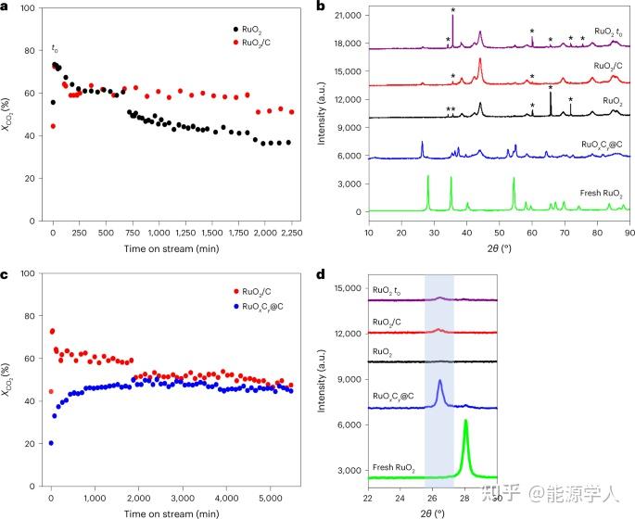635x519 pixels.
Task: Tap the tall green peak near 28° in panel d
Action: click(x=465, y=424)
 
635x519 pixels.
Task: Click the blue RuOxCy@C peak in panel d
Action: click(x=439, y=382)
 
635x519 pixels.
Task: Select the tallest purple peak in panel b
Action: click(x=452, y=17)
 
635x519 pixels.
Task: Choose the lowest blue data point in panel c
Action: click(x=51, y=443)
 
